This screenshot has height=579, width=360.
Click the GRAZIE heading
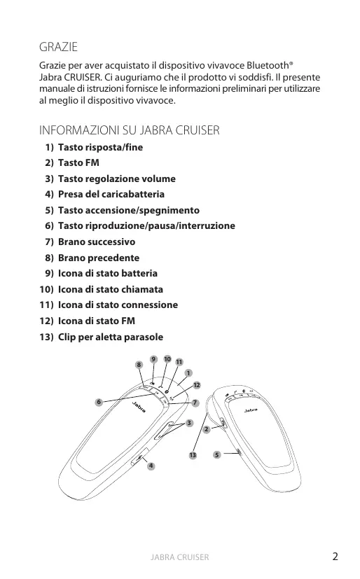(x=58, y=47)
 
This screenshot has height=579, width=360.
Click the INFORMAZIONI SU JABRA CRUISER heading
(x=130, y=130)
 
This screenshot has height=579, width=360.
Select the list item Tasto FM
(x=72, y=163)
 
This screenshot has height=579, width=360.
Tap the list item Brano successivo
(x=90, y=242)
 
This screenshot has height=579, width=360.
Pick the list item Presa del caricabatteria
(x=104, y=194)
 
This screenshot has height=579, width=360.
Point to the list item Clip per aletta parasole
(x=101, y=337)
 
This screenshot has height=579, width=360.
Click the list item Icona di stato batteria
(x=101, y=273)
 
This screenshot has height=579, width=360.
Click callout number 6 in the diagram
(x=99, y=402)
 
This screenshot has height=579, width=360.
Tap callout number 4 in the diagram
(x=151, y=466)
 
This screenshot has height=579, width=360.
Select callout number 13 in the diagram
(x=193, y=455)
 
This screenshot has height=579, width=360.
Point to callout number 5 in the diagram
(x=217, y=454)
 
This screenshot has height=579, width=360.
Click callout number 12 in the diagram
(x=197, y=385)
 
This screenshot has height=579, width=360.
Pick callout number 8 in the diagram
(x=139, y=365)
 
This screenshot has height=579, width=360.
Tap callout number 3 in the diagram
(x=189, y=423)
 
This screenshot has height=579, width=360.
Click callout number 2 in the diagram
(x=207, y=429)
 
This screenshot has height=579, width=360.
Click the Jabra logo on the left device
(x=139, y=407)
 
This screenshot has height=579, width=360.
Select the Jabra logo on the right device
(x=251, y=410)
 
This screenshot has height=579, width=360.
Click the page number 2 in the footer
(x=335, y=557)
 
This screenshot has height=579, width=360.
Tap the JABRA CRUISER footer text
(x=180, y=557)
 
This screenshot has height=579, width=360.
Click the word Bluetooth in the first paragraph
(x=268, y=65)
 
